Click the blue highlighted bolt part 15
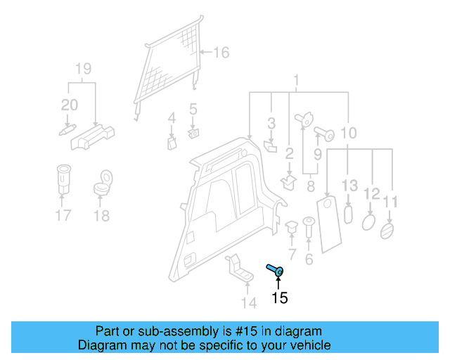click(x=275, y=269)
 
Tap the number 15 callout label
click(x=279, y=298)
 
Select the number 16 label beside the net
click(x=221, y=52)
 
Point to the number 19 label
click(x=83, y=69)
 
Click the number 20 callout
click(x=69, y=105)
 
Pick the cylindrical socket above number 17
click(x=63, y=179)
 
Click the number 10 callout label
click(x=348, y=132)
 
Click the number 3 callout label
click(x=271, y=124)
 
